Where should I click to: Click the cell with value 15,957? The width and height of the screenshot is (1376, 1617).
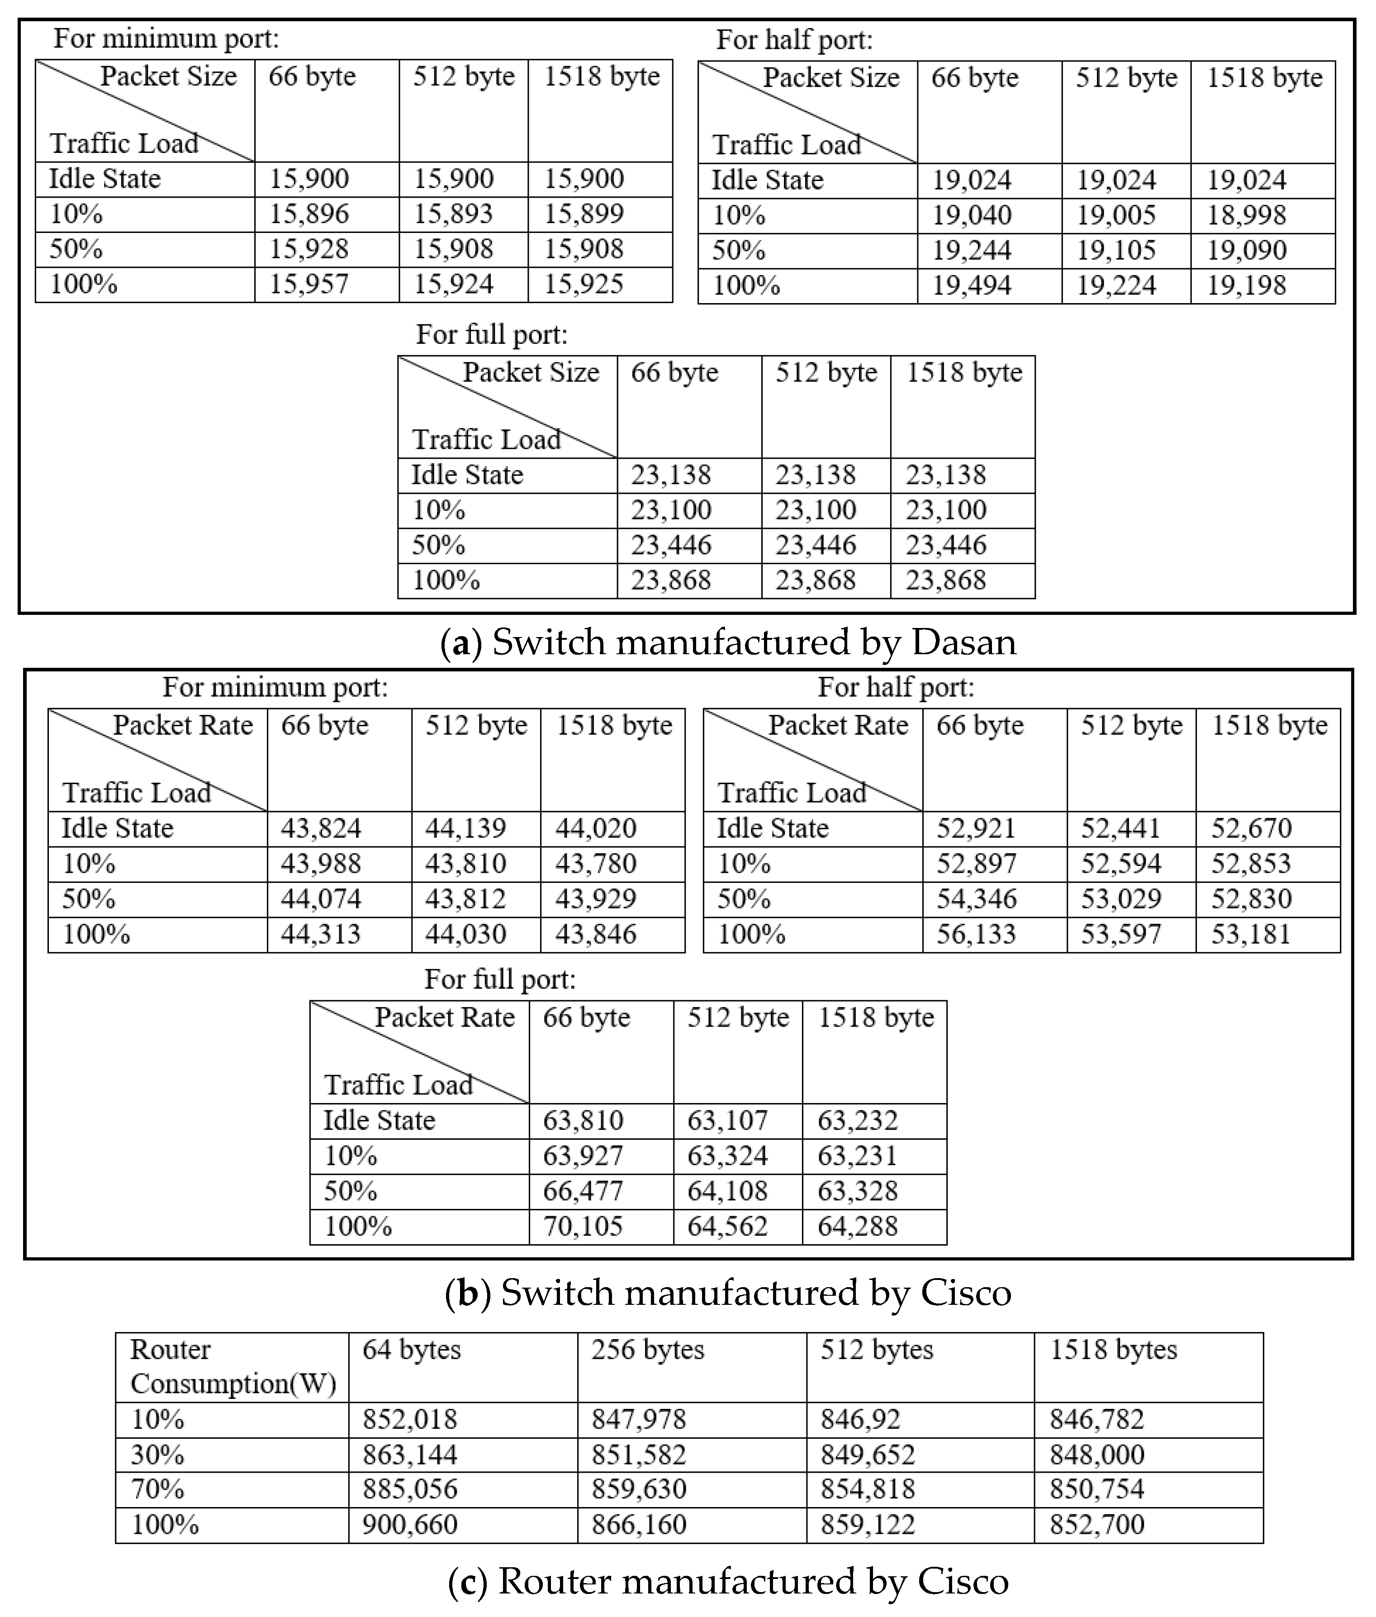pyautogui.click(x=309, y=284)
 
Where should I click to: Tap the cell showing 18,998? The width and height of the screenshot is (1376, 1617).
pyautogui.click(x=1247, y=215)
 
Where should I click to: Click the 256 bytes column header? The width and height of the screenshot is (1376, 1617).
pyautogui.click(x=647, y=1350)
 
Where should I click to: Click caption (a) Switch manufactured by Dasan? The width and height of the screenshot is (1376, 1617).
pyautogui.click(x=728, y=643)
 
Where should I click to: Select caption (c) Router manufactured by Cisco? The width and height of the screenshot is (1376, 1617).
pyautogui.click(x=728, y=1581)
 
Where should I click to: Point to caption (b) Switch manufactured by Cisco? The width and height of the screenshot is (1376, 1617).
pyautogui.click(x=728, y=1293)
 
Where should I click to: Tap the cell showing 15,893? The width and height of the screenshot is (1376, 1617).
pyautogui.click(x=453, y=214)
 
